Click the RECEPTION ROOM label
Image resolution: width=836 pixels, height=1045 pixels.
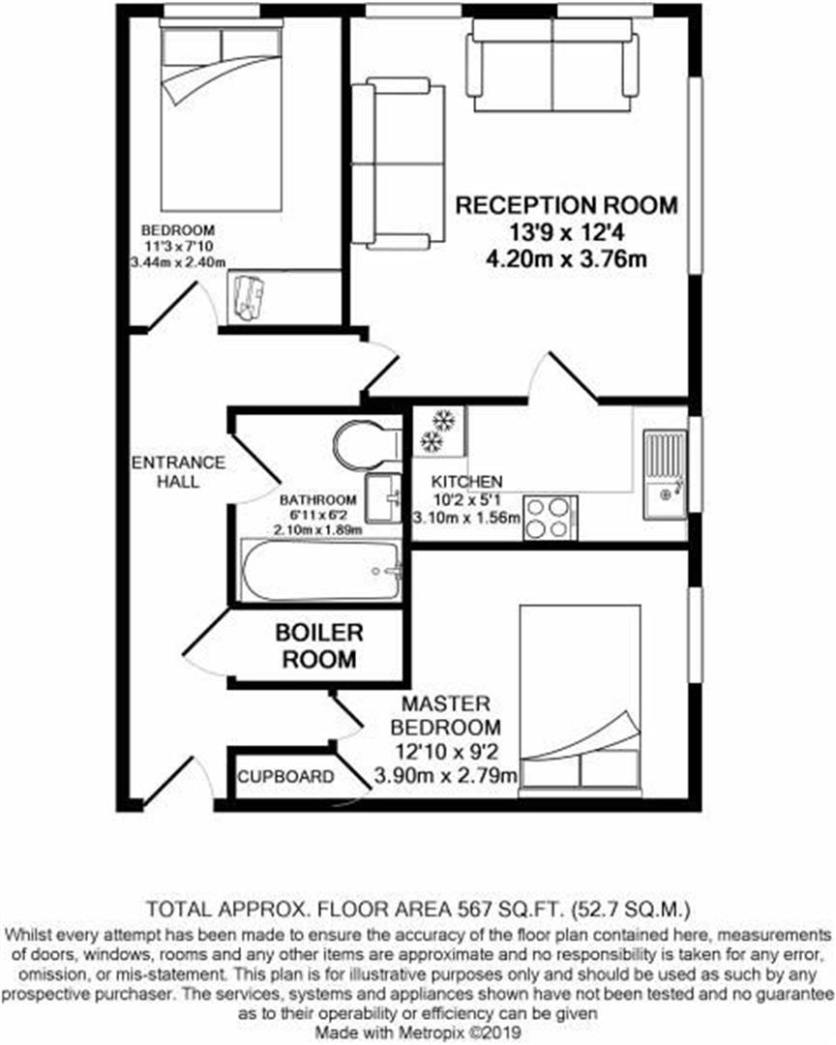(x=566, y=205)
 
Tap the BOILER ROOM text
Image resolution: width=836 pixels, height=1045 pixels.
(x=318, y=646)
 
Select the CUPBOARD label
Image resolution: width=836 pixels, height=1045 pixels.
(x=286, y=777)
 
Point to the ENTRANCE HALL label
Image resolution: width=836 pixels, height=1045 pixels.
(x=177, y=471)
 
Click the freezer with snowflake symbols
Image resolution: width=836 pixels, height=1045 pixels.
(x=440, y=432)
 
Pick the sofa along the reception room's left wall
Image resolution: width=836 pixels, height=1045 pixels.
(x=397, y=164)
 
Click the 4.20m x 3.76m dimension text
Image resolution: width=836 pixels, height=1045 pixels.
(x=566, y=258)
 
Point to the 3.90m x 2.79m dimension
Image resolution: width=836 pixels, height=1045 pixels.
(x=447, y=775)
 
